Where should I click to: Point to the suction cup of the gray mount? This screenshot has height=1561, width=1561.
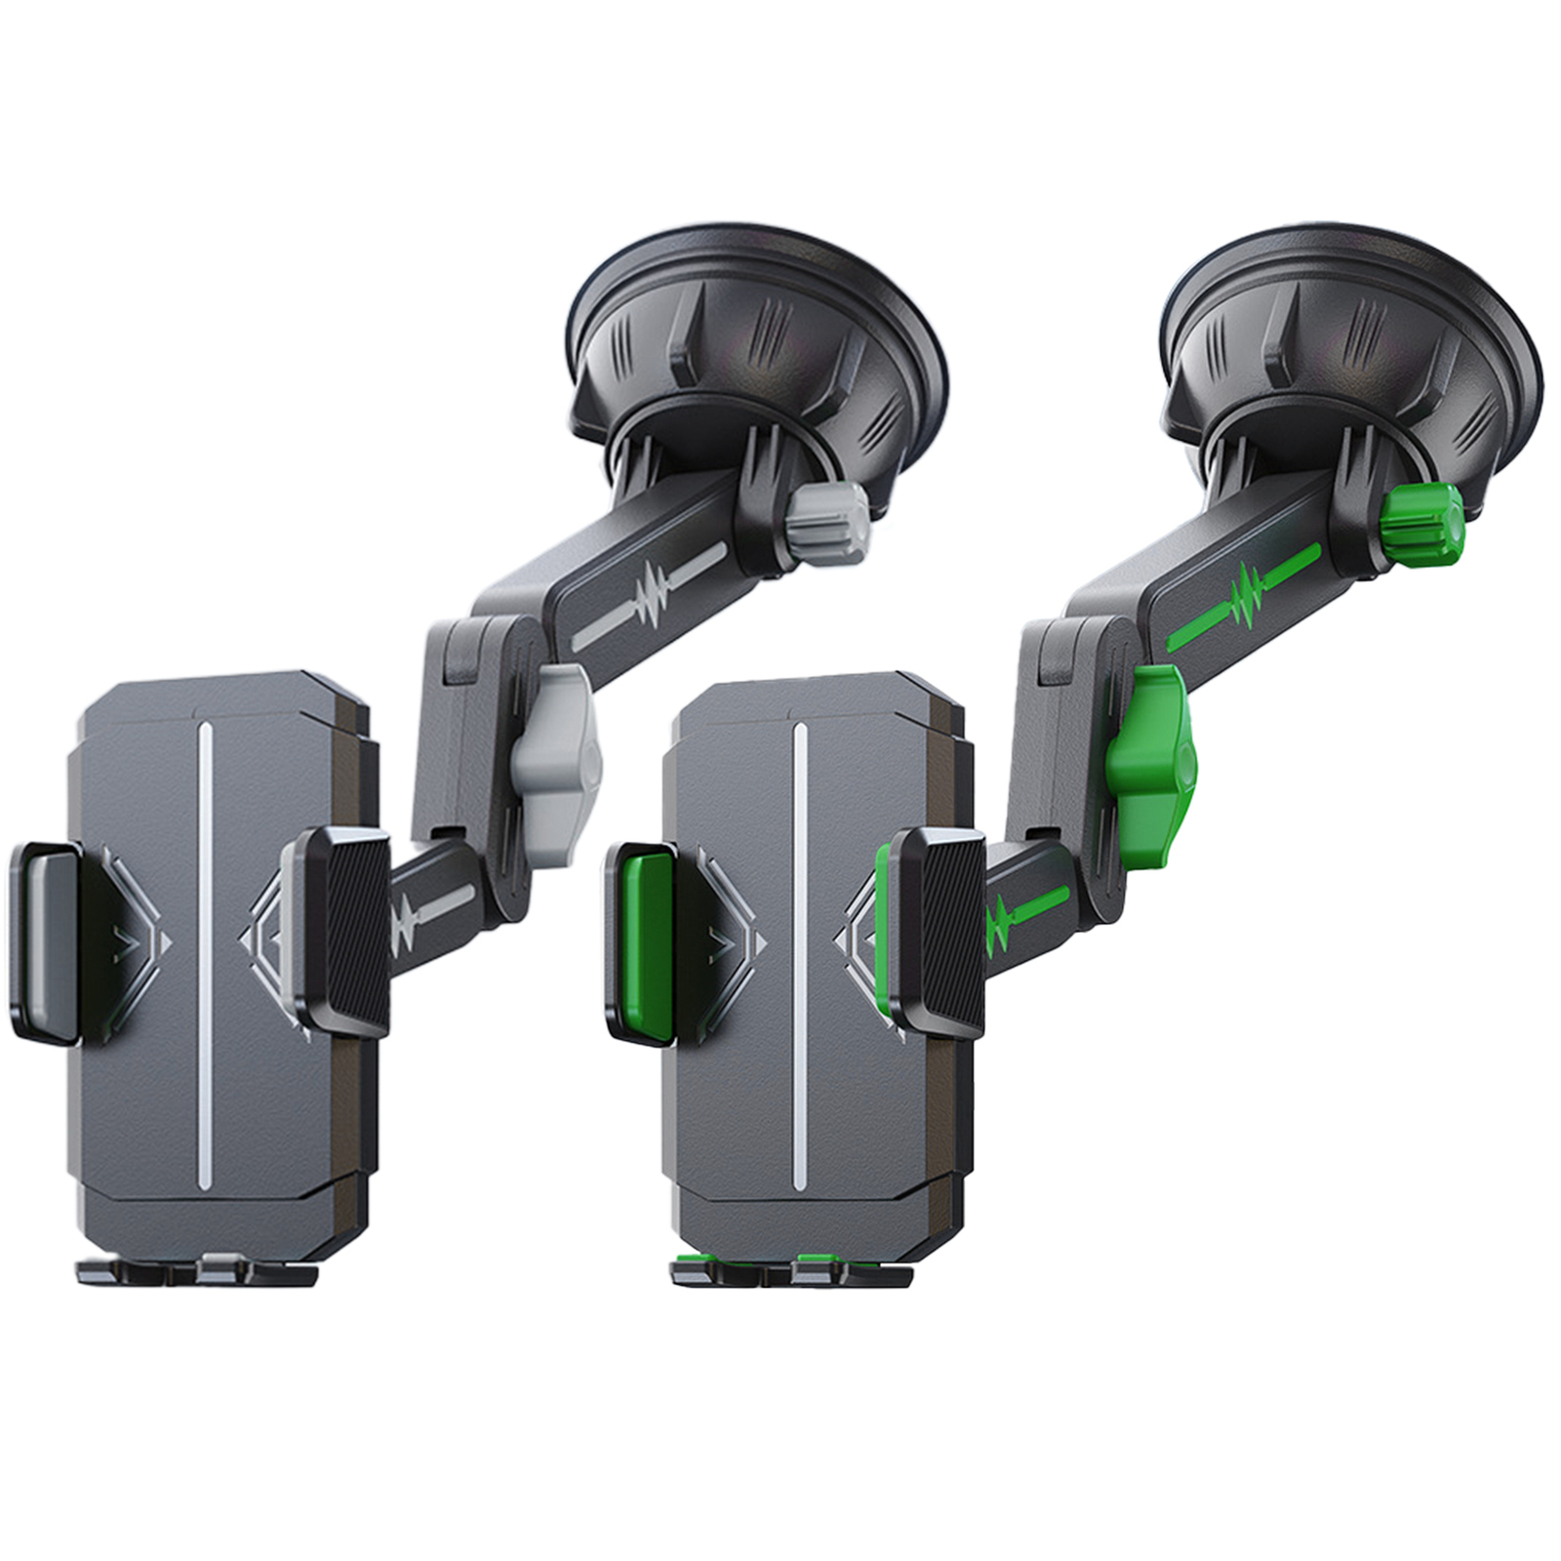coord(759,332)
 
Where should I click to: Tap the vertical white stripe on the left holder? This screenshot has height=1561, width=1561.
coord(204,956)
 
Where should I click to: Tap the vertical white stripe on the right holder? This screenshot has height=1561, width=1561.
coord(799,956)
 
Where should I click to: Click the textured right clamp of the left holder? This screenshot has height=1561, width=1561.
coord(347,932)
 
